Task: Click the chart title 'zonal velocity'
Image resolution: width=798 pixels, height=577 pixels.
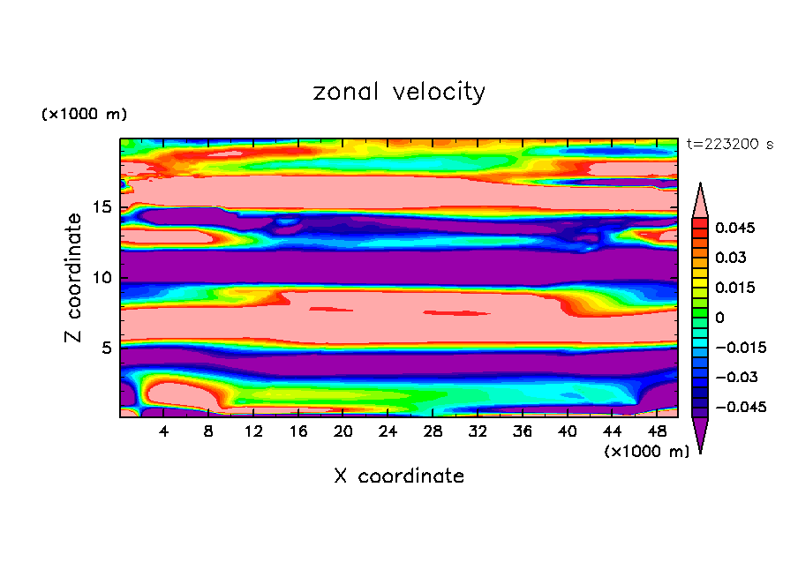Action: (x=399, y=92)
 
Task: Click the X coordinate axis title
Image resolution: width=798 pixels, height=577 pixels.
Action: (x=399, y=476)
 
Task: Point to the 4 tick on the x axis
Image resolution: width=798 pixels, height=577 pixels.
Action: (x=164, y=431)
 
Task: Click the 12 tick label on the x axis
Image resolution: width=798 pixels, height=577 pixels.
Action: (x=254, y=431)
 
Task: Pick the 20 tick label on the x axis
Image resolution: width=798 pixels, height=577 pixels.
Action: (x=343, y=431)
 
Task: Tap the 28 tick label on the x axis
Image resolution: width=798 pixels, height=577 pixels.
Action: (x=433, y=431)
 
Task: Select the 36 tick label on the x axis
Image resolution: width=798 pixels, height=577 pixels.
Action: (x=523, y=431)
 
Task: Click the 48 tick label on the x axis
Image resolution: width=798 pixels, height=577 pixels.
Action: (x=656, y=431)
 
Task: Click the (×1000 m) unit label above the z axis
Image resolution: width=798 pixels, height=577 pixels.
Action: (x=84, y=115)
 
